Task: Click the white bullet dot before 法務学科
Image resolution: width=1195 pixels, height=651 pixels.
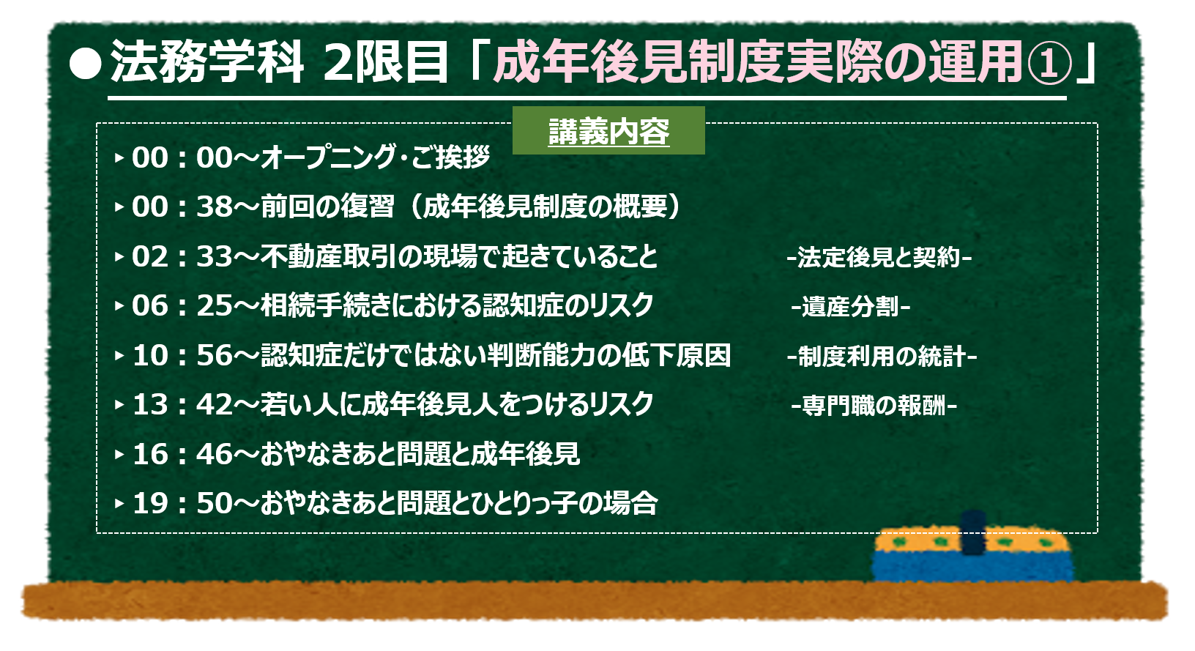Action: [86, 64]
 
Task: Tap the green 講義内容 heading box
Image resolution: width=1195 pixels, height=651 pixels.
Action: [608, 130]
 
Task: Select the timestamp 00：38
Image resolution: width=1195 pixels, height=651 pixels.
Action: [182, 207]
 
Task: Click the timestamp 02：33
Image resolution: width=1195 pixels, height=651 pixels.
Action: [182, 256]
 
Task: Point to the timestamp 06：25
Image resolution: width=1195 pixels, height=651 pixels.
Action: [182, 306]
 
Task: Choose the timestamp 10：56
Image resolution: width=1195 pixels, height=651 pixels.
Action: [182, 355]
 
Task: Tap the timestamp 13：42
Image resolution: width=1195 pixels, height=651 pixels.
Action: [182, 404]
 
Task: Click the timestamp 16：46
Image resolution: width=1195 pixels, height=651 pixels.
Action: [182, 454]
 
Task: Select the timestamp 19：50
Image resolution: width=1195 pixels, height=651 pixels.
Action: [182, 503]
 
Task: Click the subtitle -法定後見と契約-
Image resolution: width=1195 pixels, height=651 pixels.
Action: [879, 257]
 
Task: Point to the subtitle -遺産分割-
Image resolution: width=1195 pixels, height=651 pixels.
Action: [850, 307]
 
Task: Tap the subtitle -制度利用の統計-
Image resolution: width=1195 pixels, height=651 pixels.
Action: [882, 356]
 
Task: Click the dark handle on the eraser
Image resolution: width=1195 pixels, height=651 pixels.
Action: [973, 533]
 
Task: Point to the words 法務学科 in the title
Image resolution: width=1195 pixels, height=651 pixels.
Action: [207, 62]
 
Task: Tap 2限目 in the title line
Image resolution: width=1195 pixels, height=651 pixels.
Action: [385, 62]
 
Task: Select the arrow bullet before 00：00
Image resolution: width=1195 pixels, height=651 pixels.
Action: [119, 158]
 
